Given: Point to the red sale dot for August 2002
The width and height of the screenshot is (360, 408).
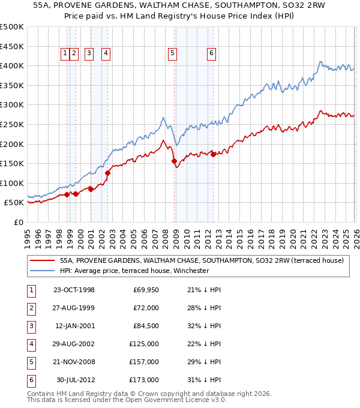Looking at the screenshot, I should point(108,173).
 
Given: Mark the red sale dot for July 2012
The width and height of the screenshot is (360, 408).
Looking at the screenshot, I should point(213,154).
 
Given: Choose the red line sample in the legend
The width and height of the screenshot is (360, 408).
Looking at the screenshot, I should point(41,260).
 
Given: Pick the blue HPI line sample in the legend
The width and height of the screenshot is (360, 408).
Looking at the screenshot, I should point(41,271).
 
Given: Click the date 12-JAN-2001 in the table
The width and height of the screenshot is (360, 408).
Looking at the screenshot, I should point(74,326).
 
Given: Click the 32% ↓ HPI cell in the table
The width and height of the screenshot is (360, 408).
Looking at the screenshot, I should point(203,326).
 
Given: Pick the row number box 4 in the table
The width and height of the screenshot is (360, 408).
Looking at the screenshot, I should point(30,344).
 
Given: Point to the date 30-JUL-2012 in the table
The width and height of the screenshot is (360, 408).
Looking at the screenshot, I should point(76,380).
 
